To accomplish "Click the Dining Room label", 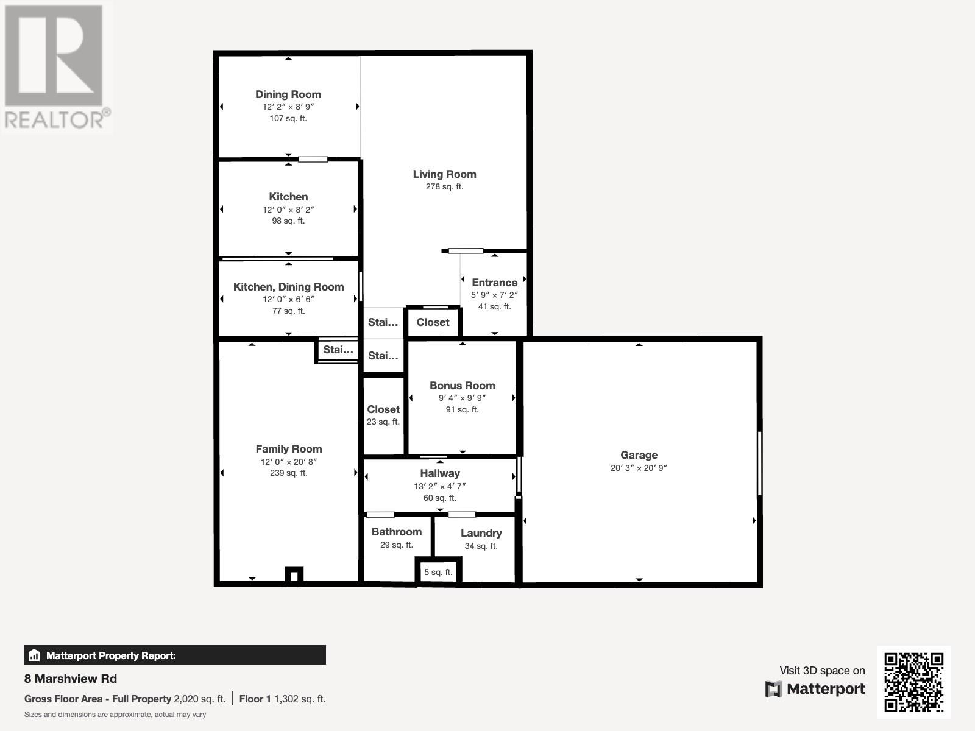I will (x=288, y=94).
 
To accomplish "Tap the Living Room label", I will (x=444, y=174).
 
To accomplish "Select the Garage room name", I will (x=639, y=455).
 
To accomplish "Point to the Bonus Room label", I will (x=462, y=386).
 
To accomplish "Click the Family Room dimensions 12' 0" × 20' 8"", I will (x=288, y=462).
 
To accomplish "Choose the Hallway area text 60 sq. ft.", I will (x=439, y=498).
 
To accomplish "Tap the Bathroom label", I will (x=397, y=532).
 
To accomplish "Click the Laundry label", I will (x=481, y=533).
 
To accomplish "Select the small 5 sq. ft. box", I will (x=438, y=572).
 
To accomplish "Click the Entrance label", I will (x=494, y=283).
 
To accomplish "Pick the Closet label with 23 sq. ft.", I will (x=383, y=409).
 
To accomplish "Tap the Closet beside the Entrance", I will (x=433, y=322).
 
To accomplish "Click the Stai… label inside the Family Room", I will (x=338, y=350).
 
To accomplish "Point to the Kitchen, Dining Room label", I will (x=288, y=287).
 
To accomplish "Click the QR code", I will (x=913, y=682).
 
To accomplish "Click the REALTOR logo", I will (x=56, y=67).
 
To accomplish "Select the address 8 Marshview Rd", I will (x=71, y=679).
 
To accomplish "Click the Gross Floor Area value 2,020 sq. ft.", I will (x=199, y=699).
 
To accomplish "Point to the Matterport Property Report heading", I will (x=111, y=655).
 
